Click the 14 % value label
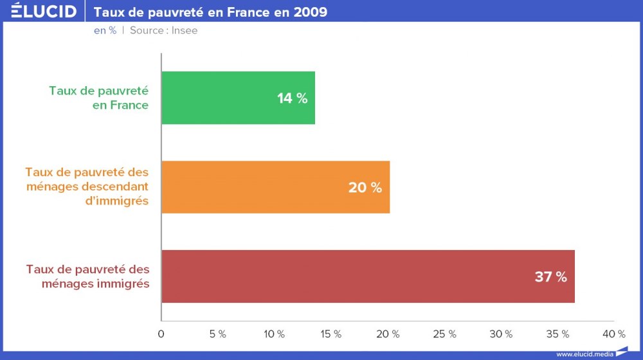(x=293, y=98)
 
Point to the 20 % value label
(x=365, y=188)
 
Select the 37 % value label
(x=551, y=277)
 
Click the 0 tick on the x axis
(x=161, y=334)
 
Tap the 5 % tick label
(x=218, y=334)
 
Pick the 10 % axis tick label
(x=275, y=334)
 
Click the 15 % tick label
(x=331, y=334)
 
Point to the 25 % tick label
(x=445, y=334)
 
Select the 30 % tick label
(x=501, y=334)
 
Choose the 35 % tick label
(x=557, y=334)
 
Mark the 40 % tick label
(x=614, y=334)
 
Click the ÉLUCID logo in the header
(x=44, y=11)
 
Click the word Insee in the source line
(x=185, y=30)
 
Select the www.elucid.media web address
(x=584, y=354)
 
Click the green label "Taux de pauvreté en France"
(x=98, y=98)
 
